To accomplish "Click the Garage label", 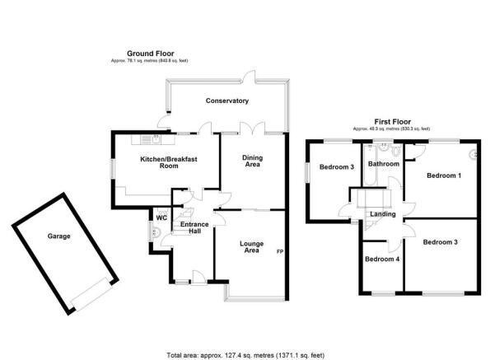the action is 58,236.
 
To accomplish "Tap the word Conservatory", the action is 227,101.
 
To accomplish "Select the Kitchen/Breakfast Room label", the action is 169,162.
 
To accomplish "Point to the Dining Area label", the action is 253,161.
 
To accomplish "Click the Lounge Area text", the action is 251,247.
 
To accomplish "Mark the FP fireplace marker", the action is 280,252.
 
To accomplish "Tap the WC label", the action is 161,217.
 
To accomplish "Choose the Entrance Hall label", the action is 194,227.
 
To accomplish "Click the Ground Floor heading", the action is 150,54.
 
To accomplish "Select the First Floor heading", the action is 392,122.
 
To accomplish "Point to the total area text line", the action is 245,355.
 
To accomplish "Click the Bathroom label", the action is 384,164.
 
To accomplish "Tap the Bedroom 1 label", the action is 444,175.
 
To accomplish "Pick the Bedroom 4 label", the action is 382,259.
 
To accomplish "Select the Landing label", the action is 383,214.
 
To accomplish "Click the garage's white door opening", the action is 92,293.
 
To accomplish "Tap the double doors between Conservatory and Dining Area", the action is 252,128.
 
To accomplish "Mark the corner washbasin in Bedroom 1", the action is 474,154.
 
